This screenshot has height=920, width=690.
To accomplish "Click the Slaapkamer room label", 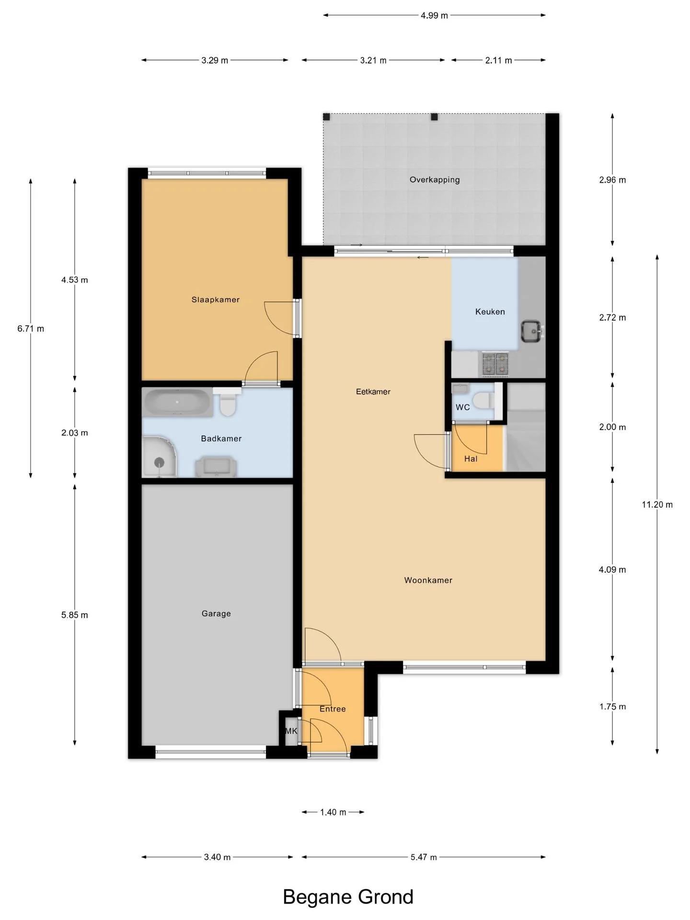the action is (216, 300).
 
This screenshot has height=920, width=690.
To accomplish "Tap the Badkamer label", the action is (221, 438).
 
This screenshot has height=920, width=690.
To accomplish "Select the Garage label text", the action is (216, 614).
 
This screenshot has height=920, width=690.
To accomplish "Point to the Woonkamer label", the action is (428, 580).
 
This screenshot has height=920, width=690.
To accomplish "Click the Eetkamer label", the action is (373, 391).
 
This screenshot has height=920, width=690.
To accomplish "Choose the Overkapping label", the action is (435, 180).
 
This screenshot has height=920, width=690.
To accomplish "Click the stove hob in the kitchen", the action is (495, 364).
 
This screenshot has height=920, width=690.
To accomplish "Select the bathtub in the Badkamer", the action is (177, 402).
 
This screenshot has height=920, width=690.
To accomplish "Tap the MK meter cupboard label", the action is (291, 731).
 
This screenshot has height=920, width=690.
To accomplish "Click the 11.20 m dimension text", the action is (657, 505).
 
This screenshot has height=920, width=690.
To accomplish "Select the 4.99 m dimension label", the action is (435, 15).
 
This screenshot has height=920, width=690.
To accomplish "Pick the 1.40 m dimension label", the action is (333, 812).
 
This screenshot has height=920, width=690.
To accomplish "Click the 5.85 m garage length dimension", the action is (75, 615).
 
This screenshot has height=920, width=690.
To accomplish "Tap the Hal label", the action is (471, 459).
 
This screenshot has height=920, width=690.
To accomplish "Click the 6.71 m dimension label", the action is (31, 329).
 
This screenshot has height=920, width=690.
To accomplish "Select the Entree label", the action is (333, 709).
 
